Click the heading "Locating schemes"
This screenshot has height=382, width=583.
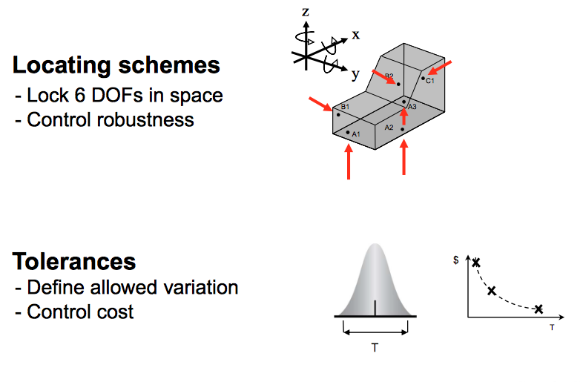pos(116,65)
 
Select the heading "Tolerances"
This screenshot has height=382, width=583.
pos(74,261)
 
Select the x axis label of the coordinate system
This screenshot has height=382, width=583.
pos(355,34)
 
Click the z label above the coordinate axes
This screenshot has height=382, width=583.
pos(306,11)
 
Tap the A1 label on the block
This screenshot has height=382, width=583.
pos(356,134)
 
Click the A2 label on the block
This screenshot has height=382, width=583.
pos(389,128)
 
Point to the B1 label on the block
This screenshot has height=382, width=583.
pos(345,108)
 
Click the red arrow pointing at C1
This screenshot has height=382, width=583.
pos(441,68)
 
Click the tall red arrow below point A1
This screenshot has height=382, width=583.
pos(349,162)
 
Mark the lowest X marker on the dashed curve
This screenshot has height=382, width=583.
pos(538,309)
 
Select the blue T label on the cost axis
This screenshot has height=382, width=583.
pos(552,326)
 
